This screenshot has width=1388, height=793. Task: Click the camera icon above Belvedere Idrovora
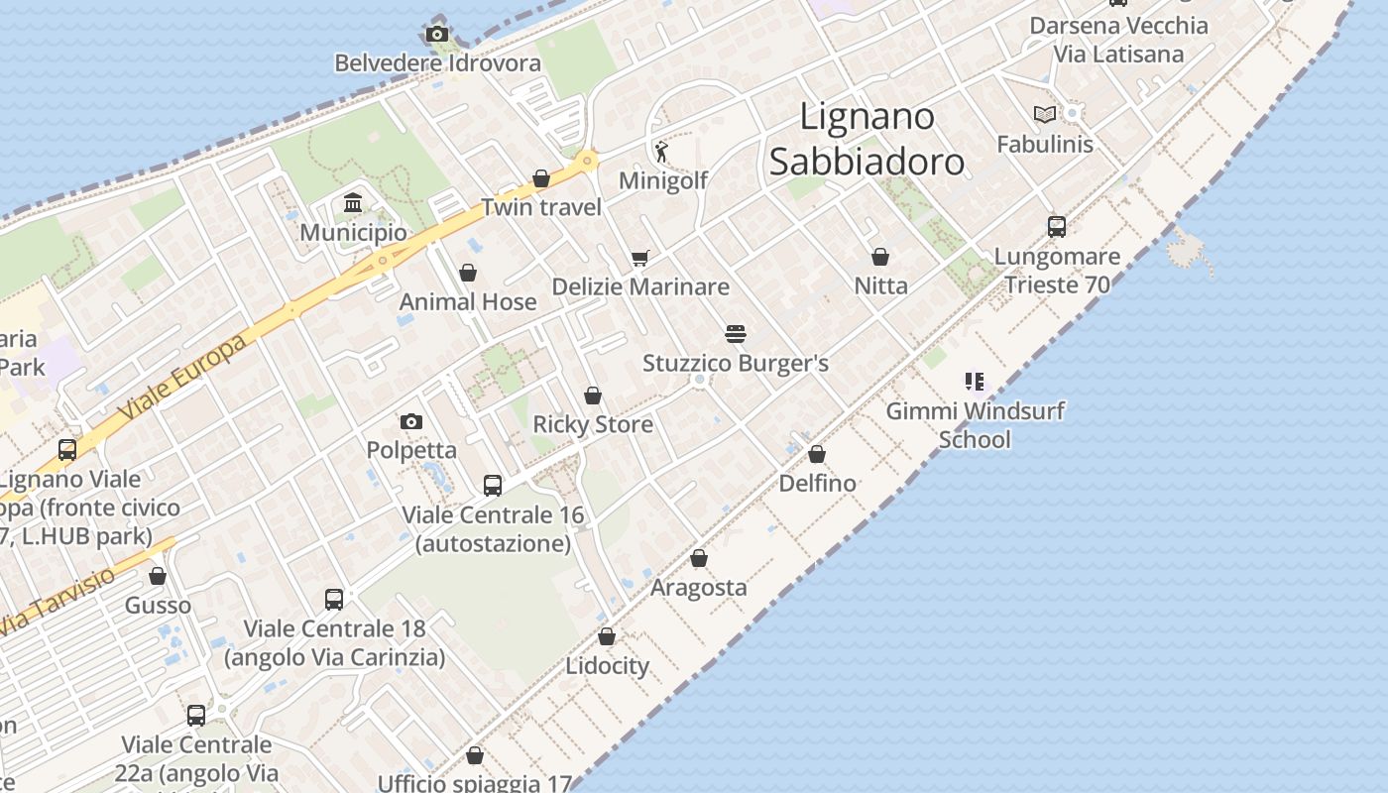click(x=436, y=35)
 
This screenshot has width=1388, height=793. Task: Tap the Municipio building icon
click(x=352, y=203)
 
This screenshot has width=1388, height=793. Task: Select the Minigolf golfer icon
click(x=662, y=152)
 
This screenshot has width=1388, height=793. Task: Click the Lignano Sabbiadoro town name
click(x=867, y=140)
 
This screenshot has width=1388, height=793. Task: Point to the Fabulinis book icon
click(x=1045, y=115)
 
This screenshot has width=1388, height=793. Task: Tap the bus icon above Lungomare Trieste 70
click(x=1057, y=227)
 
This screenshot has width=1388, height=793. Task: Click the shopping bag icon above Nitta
click(x=879, y=257)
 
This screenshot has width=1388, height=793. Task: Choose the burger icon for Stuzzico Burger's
click(x=735, y=334)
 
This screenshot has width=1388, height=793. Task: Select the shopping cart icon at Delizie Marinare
click(x=639, y=259)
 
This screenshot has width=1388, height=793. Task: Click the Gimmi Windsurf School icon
click(x=974, y=382)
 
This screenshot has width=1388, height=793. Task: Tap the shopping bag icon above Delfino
click(x=817, y=455)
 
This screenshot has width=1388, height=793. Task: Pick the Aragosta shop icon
click(x=699, y=559)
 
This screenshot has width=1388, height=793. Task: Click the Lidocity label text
click(x=607, y=666)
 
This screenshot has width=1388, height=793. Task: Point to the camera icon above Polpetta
click(x=411, y=422)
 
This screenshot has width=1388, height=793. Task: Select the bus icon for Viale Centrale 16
click(x=493, y=486)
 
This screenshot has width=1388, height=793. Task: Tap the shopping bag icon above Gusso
click(x=158, y=577)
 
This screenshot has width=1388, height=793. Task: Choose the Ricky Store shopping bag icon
click(x=593, y=396)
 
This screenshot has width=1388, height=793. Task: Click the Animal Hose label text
click(x=468, y=301)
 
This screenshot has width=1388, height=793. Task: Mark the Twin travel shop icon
click(x=541, y=179)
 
